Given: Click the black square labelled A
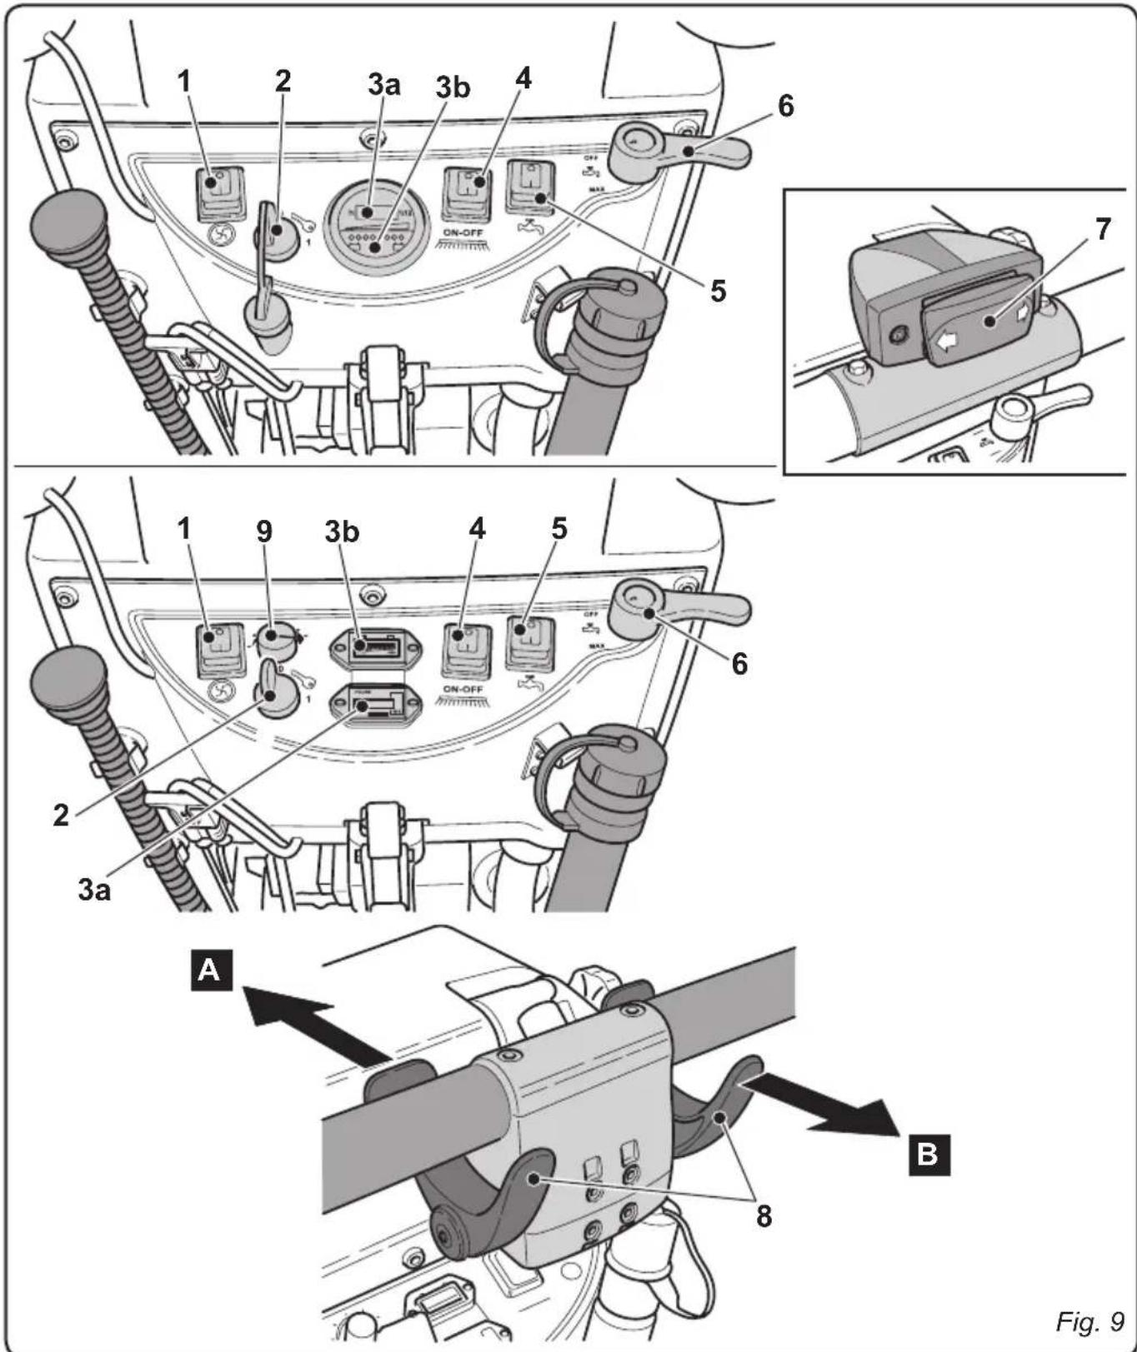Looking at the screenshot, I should (211, 970).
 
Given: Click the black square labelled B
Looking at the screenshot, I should (928, 1154).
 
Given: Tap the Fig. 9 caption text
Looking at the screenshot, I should (1089, 1320).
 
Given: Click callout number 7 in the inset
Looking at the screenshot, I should (1103, 229).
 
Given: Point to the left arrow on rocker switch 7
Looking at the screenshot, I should (944, 340).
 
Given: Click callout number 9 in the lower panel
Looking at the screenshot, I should (264, 531).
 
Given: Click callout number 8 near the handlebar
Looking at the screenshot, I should (764, 1215).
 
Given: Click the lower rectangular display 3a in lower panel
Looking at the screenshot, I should (377, 706).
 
